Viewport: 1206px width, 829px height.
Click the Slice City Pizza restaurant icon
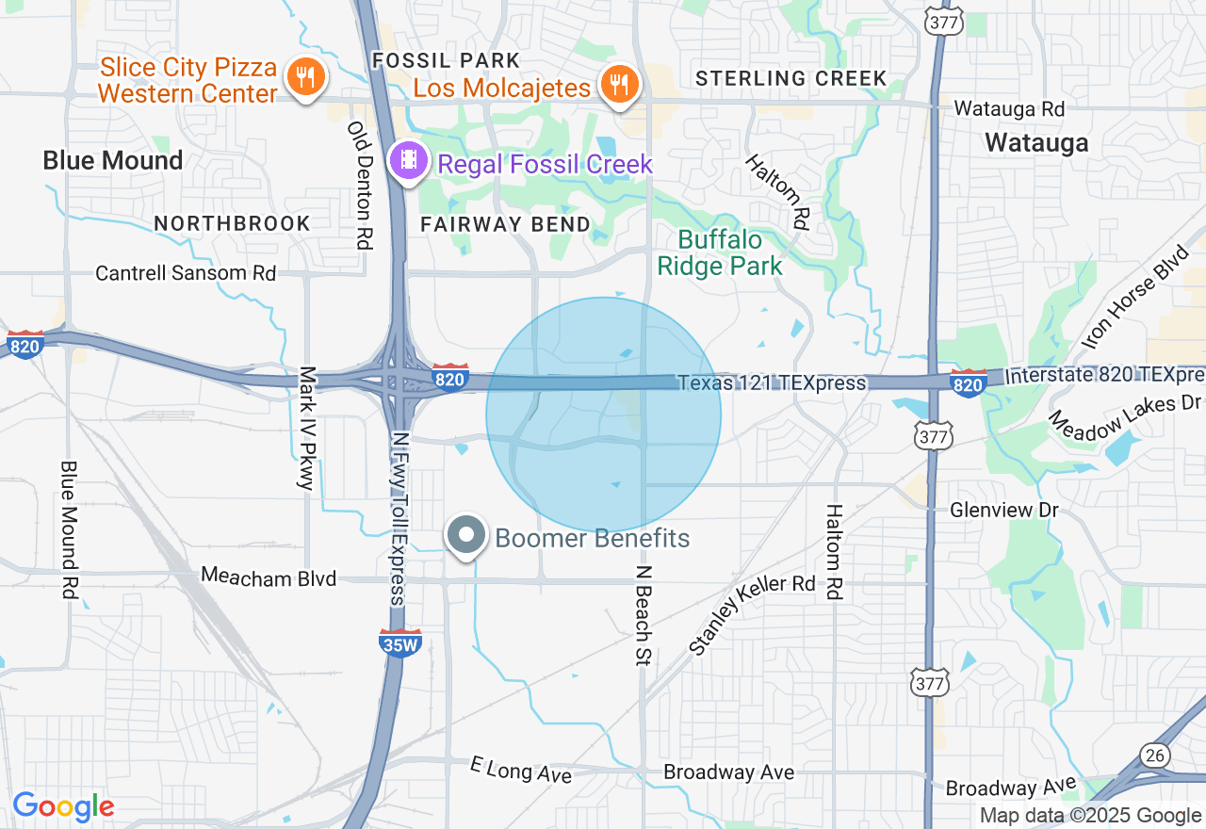(x=304, y=75)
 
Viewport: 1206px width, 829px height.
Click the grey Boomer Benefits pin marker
(x=465, y=536)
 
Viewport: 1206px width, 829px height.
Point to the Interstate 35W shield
(x=399, y=642)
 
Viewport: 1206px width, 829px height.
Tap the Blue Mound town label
(x=113, y=160)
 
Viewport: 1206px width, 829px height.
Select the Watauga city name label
(x=1036, y=142)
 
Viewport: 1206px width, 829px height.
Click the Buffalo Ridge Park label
(x=720, y=252)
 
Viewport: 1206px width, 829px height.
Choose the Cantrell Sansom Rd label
(x=186, y=273)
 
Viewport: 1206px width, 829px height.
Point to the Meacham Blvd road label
(x=269, y=577)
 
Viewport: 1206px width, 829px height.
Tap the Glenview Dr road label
(x=1004, y=510)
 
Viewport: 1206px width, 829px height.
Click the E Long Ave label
(x=521, y=770)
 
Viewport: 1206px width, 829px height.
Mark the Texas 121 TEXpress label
(x=772, y=382)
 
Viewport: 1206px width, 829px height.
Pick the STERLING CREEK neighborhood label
(x=791, y=78)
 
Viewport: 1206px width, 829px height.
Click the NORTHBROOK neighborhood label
(x=232, y=223)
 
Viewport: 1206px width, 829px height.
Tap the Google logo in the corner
(x=63, y=806)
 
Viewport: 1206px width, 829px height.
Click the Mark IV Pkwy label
(x=305, y=429)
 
